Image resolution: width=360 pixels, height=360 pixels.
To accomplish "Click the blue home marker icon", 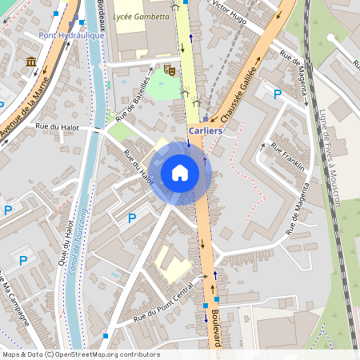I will [180, 172].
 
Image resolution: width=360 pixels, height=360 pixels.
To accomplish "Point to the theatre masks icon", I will [170, 70].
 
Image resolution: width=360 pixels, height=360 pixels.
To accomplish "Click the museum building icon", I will [31, 62].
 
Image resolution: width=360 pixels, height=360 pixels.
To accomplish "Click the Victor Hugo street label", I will [231, 11].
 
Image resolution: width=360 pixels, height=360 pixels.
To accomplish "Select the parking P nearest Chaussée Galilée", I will [278, 94].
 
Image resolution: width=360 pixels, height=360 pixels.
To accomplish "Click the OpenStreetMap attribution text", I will [80, 354].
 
